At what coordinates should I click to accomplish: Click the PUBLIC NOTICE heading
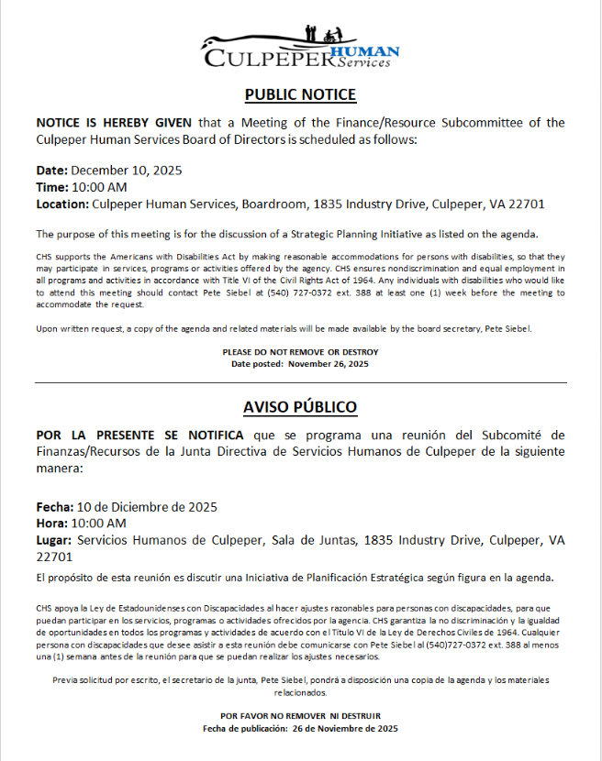point(300,94)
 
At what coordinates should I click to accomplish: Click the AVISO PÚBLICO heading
point(300,406)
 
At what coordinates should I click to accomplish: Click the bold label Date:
point(51,171)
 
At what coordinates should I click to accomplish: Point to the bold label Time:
point(51,187)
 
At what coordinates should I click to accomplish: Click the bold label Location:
point(62,204)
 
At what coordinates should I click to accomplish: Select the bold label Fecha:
point(54,507)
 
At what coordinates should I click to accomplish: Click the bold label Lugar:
point(54,540)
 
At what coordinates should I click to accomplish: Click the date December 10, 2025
point(128,171)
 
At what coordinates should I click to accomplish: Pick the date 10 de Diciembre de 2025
point(147,507)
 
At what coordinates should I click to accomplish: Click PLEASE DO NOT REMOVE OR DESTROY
point(300,352)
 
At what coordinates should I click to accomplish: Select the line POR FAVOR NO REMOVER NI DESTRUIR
point(300,715)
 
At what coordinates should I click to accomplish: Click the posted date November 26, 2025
point(328,364)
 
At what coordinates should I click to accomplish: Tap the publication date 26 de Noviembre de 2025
point(344,728)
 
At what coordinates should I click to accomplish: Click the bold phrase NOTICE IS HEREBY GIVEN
point(116,123)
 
